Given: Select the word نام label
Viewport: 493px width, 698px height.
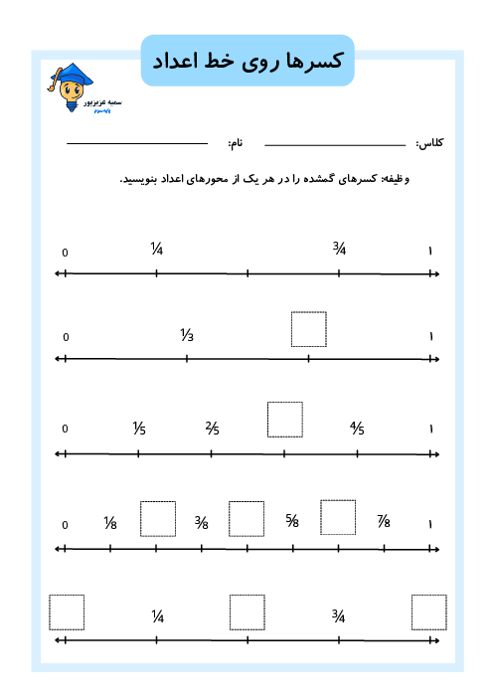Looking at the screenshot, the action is coord(237,144).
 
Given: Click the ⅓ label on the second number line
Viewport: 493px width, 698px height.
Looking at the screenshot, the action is coord(187,335).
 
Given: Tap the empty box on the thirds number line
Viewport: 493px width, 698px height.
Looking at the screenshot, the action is coord(308,329).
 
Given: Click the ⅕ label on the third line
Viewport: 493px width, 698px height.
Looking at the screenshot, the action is coord(139,429).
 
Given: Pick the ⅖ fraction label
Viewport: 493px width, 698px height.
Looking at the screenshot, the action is coord(213,429).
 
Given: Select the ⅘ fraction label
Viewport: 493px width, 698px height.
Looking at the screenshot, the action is coord(357,429).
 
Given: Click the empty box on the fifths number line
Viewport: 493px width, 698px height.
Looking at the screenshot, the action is coord(285,419).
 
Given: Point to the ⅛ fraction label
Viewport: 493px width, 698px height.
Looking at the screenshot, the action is coord(110,523).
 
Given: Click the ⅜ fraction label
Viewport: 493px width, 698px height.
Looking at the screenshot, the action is coord(202,523).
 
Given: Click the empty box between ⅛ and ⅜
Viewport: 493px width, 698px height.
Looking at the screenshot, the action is coord(158,518).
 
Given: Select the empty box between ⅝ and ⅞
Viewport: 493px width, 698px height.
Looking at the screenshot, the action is coord(338,518).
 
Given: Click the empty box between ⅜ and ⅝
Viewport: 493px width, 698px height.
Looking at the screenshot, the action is coord(246,518).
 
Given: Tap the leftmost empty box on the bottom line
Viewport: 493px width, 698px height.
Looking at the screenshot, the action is coord(67,612).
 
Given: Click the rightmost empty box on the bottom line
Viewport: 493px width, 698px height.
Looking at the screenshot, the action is coord(429,612).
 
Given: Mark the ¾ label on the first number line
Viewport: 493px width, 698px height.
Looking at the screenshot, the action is coord(339,249).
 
